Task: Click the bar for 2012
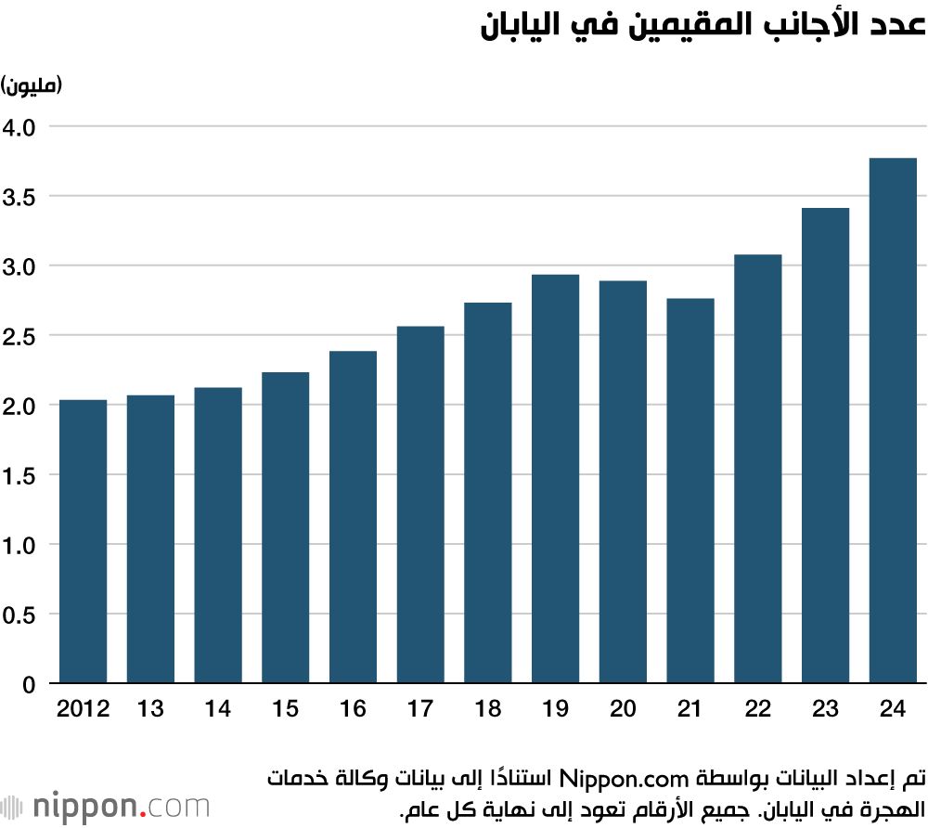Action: (x=83, y=542)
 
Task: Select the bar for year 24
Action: (x=893, y=421)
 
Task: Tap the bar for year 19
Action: (x=555, y=479)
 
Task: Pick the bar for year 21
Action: (x=690, y=491)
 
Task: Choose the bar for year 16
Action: (x=353, y=517)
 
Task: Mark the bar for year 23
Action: (x=825, y=446)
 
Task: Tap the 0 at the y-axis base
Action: (x=28, y=685)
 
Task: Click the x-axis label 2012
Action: (x=83, y=710)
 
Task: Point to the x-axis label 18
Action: (x=487, y=710)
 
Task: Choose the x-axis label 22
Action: (x=757, y=710)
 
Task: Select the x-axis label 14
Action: (x=218, y=710)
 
